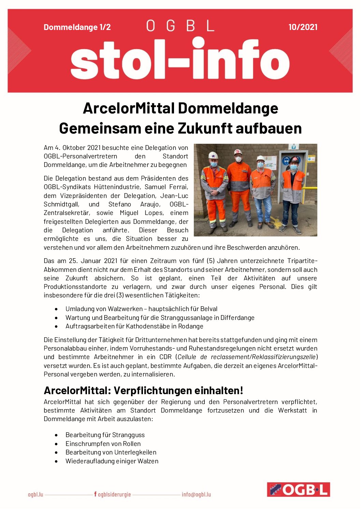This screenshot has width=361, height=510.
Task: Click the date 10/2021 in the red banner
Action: (x=303, y=27)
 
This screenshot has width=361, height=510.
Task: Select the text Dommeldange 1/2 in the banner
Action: (x=77, y=27)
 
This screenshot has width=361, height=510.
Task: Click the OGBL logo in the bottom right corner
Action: (x=298, y=489)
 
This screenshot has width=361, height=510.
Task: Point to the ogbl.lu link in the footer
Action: (x=35, y=494)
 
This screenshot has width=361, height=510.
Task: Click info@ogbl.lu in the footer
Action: (x=196, y=494)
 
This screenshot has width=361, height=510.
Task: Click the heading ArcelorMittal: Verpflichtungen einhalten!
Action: (x=143, y=390)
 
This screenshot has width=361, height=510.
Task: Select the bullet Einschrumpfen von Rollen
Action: (x=103, y=444)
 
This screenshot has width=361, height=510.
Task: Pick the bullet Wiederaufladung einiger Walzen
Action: (x=112, y=461)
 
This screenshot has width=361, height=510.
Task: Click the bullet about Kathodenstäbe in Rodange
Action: (x=134, y=326)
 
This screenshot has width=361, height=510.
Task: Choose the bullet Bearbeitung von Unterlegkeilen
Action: (x=111, y=452)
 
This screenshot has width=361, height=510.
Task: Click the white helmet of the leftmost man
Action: (x=213, y=155)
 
